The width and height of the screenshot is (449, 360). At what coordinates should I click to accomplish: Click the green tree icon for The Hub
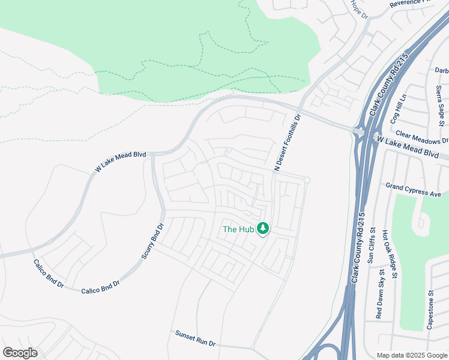(262, 228)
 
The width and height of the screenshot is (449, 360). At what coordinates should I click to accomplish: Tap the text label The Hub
(238, 229)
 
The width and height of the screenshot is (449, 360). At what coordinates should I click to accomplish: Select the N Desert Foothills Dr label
(287, 142)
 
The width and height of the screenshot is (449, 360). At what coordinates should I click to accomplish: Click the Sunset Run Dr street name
(195, 337)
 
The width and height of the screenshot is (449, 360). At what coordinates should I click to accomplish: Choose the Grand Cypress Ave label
(414, 190)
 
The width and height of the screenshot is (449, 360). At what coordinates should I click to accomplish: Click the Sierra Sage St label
(441, 102)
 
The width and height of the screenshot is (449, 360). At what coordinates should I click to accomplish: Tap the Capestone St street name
(430, 310)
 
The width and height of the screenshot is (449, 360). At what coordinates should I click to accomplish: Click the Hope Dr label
(359, 9)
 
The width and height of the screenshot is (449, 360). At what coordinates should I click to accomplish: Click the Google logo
(20, 353)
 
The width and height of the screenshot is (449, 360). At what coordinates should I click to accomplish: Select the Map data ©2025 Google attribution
(412, 355)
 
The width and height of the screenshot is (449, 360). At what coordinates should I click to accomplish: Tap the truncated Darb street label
(441, 70)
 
